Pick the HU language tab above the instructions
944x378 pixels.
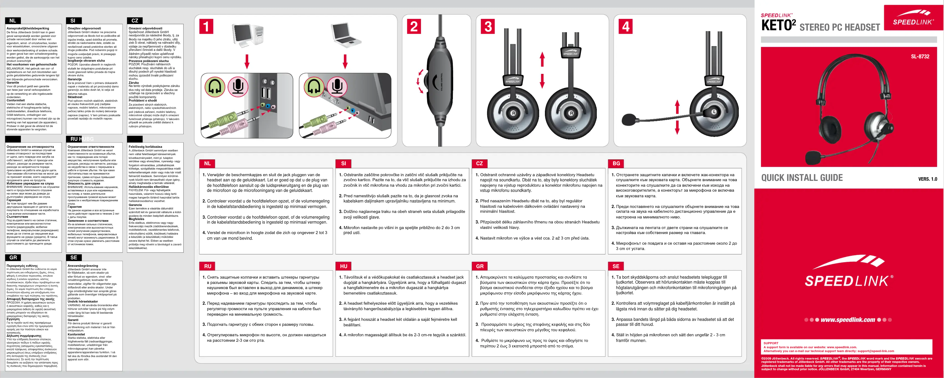[x=343, y=266]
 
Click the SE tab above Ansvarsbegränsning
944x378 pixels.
[x=74, y=258]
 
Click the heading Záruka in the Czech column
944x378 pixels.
[x=134, y=83]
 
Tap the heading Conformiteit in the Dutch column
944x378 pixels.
[x=16, y=100]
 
